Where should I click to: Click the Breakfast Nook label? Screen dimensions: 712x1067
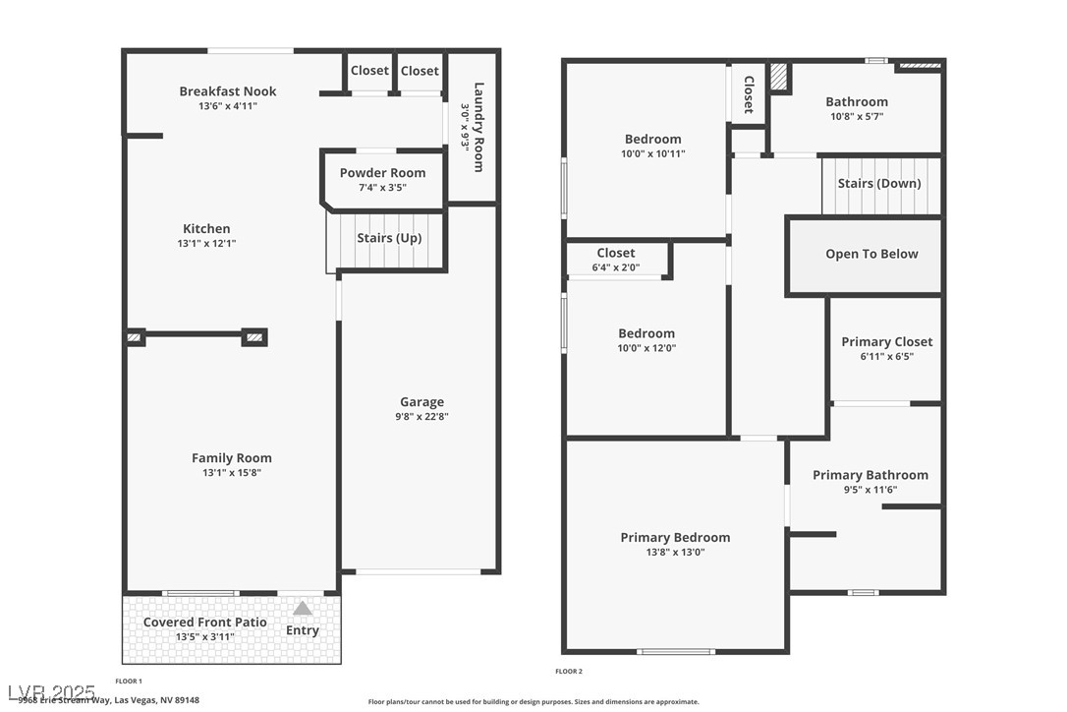coord(228,91)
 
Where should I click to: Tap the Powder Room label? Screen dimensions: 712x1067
coord(382,173)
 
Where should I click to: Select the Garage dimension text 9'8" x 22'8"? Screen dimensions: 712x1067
coord(421,416)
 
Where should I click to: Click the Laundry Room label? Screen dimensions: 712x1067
coord(478,127)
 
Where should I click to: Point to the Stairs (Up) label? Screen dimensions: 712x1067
coord(389,238)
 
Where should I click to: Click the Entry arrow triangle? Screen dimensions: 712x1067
coord(303,609)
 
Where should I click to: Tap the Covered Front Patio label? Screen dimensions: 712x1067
coord(205,623)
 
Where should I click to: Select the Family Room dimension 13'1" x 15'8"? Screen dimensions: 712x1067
coord(232,472)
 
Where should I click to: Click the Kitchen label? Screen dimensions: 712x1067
coord(206,229)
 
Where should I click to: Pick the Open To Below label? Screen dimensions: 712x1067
coord(871,254)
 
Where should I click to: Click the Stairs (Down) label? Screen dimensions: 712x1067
coord(879,184)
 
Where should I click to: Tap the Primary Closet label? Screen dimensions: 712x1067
coord(887,342)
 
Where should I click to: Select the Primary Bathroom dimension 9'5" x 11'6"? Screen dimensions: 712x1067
coord(870,490)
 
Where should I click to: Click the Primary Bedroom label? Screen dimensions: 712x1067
coord(675,538)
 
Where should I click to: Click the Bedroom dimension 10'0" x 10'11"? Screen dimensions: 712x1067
coord(652,153)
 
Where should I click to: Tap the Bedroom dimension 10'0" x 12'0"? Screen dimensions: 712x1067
coord(646,348)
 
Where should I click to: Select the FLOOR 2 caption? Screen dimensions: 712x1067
coord(569,672)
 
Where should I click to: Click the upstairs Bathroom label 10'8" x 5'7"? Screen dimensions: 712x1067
coord(856,102)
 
